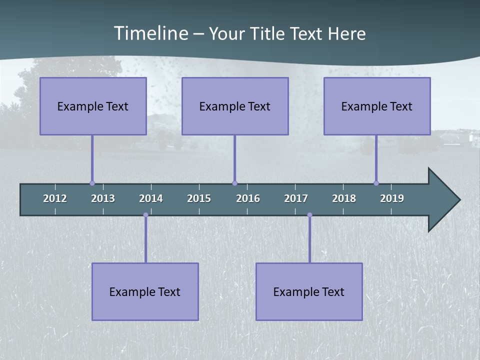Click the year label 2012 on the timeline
pos(55,198)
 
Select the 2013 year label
pos(103,198)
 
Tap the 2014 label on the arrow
pos(151,198)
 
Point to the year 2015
pos(199,198)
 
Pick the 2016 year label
pos(248,198)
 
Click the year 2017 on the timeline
pos(296,198)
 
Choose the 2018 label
pos(344,198)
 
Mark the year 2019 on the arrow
pos(392,198)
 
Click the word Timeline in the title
pos(150,33)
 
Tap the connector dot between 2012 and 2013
pos(92,183)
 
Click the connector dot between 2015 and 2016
pos(234,183)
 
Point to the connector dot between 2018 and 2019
pos(376,183)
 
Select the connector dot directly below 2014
pos(145,215)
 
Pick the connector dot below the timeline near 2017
pos(309,215)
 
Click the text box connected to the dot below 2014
pos(145,291)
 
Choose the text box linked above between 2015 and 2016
pos(235,106)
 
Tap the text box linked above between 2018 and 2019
pos(377,106)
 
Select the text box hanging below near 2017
pos(309,291)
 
